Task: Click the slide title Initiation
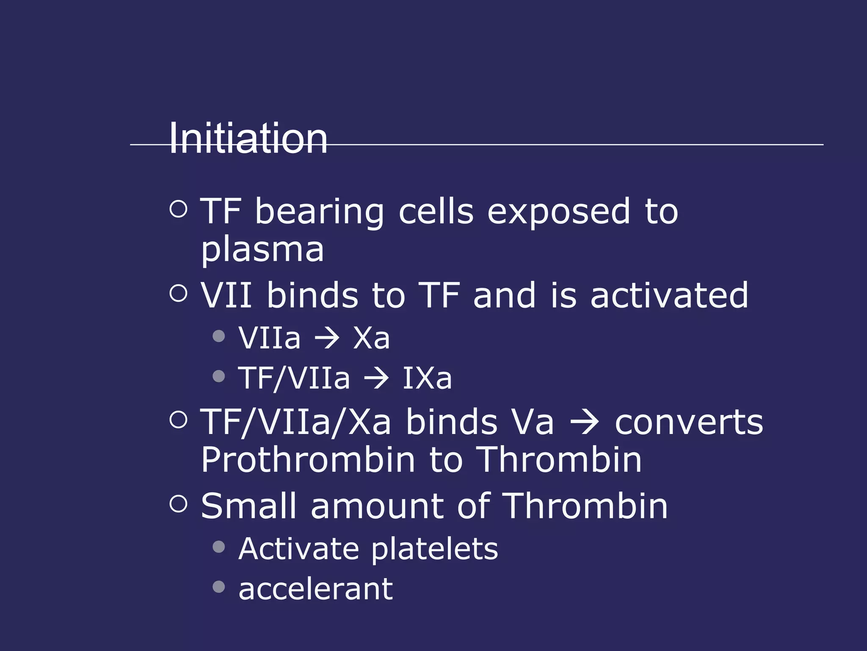[248, 138]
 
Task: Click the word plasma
[262, 250]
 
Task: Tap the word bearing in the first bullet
[319, 212]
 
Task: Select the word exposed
[559, 212]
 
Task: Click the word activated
[669, 295]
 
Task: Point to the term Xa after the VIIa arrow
[371, 339]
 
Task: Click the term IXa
[427, 378]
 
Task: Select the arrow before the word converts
[585, 423]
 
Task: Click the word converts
[689, 423]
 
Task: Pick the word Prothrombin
[308, 460]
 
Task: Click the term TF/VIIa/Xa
[295, 423]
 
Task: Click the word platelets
[434, 549]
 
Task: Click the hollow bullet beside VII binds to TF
[178, 293]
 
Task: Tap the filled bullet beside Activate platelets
[219, 547]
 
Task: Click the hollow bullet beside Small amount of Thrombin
[178, 504]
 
